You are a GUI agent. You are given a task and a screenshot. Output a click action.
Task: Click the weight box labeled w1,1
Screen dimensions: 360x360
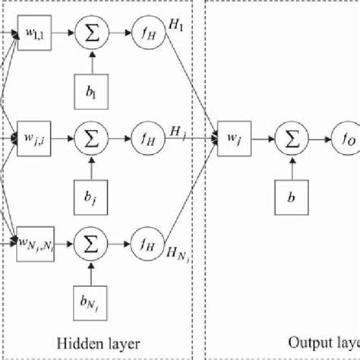34,34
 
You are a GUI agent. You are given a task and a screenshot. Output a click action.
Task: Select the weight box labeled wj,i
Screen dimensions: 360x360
34,139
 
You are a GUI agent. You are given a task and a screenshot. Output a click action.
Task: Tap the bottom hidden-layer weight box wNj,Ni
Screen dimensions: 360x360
34,245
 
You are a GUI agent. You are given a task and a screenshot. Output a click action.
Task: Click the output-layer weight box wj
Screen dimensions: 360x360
233,139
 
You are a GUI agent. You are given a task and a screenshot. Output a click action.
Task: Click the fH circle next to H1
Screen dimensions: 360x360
147,34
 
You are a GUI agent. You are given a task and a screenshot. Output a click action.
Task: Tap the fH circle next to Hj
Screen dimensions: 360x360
147,139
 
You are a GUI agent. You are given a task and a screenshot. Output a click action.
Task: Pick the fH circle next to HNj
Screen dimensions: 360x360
147,245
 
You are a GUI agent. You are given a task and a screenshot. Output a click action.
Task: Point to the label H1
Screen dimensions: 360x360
177,24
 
